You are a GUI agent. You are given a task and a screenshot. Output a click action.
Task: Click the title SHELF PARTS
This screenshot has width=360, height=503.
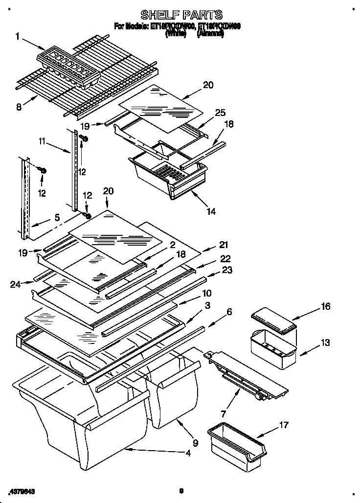coord(181,15)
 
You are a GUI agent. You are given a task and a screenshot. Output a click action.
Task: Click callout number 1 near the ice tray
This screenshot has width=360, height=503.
coord(18,36)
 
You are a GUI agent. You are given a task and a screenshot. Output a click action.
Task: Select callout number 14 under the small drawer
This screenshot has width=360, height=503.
coord(211,211)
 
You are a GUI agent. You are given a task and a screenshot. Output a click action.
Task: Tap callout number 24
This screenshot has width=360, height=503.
coord(15,283)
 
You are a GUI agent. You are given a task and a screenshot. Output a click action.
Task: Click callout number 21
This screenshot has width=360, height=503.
coord(224,245)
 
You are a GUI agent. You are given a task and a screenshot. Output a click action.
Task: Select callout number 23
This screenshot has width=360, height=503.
coord(227,270)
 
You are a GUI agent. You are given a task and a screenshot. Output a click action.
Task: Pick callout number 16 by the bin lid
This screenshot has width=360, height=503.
coord(325,306)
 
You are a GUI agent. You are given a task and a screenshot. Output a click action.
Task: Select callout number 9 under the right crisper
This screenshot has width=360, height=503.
coord(195,444)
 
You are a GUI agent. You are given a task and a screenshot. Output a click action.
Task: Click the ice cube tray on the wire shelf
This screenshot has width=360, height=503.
coord(69,67)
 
